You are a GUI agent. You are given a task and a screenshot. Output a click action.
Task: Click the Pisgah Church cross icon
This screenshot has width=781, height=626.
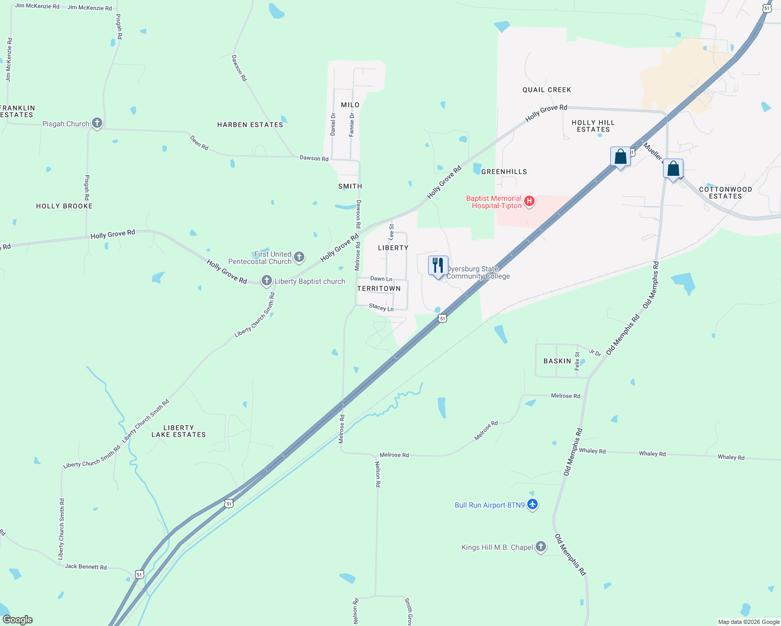97,124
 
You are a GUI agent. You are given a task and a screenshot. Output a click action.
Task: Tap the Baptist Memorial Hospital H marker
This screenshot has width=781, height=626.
529,201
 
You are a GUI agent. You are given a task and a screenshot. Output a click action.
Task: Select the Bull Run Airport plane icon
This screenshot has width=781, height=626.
532,504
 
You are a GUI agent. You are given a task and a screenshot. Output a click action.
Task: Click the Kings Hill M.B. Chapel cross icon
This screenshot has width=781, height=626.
541,547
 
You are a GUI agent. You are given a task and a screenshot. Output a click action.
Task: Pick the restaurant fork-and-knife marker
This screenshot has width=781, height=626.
438,265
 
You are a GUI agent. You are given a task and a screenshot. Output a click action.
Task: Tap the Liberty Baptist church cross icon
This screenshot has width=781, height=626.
267,281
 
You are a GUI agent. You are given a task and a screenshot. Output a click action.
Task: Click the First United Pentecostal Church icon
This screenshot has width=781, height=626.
299,257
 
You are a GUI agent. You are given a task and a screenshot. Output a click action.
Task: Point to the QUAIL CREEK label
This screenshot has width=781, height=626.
547,90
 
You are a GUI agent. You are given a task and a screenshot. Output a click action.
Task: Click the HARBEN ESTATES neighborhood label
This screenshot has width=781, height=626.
250,125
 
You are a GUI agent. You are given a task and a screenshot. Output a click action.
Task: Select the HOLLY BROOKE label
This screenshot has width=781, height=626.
64,206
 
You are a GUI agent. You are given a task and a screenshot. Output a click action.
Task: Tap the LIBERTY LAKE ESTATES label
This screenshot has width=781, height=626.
179,431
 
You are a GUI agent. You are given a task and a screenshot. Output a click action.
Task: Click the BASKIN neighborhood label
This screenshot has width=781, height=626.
557,361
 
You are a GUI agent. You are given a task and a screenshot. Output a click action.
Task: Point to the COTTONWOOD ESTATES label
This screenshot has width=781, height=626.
725,192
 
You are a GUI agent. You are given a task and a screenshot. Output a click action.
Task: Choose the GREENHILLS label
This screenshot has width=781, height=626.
504,172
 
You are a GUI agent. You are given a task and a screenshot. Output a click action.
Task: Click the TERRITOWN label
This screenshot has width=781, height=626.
379,288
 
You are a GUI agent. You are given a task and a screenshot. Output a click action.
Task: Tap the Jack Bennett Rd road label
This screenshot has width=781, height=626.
86,567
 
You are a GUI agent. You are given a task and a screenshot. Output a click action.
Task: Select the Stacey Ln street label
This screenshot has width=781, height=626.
381,308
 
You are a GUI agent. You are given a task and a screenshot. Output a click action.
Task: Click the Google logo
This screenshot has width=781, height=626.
17,620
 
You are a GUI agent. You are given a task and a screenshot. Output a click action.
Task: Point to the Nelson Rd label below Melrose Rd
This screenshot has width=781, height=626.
377,474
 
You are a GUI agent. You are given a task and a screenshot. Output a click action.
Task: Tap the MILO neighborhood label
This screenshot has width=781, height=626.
350,105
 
